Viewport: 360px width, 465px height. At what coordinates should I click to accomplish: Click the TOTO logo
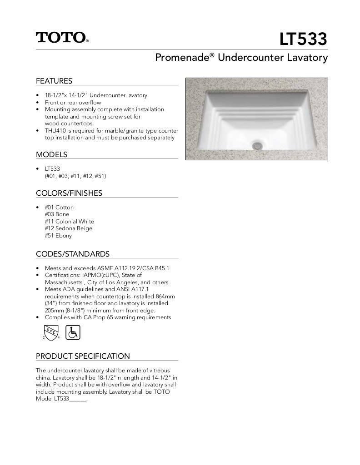pyautogui.click(x=61, y=37)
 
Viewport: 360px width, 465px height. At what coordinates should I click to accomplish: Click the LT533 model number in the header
pyautogui.click(x=303, y=40)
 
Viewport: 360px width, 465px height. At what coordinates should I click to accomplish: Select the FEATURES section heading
pyautogui.click(x=54, y=81)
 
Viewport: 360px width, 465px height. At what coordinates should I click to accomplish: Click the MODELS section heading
pyautogui.click(x=51, y=154)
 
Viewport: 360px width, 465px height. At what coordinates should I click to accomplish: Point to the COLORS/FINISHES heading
pyautogui.click(x=69, y=193)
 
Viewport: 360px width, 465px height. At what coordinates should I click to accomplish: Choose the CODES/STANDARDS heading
pyautogui.click(x=73, y=254)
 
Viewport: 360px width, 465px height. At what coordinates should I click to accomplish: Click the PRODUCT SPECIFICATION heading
pyautogui.click(x=83, y=356)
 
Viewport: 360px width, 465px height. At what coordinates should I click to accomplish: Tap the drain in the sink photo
pyautogui.click(x=258, y=145)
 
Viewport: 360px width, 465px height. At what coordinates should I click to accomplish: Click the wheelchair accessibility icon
pyautogui.click(x=73, y=332)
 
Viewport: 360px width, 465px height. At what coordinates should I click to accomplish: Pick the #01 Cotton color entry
pyautogui.click(x=59, y=208)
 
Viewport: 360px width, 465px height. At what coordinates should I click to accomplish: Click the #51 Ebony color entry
pyautogui.click(x=58, y=236)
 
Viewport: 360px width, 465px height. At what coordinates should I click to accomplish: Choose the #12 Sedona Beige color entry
pyautogui.click(x=68, y=228)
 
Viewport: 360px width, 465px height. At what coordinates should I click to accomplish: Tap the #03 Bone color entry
pyautogui.click(x=57, y=214)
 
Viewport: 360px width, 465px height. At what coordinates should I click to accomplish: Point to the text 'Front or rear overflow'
pyautogui.click(x=73, y=103)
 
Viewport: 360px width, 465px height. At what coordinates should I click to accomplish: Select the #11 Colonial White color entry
pyautogui.click(x=69, y=222)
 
